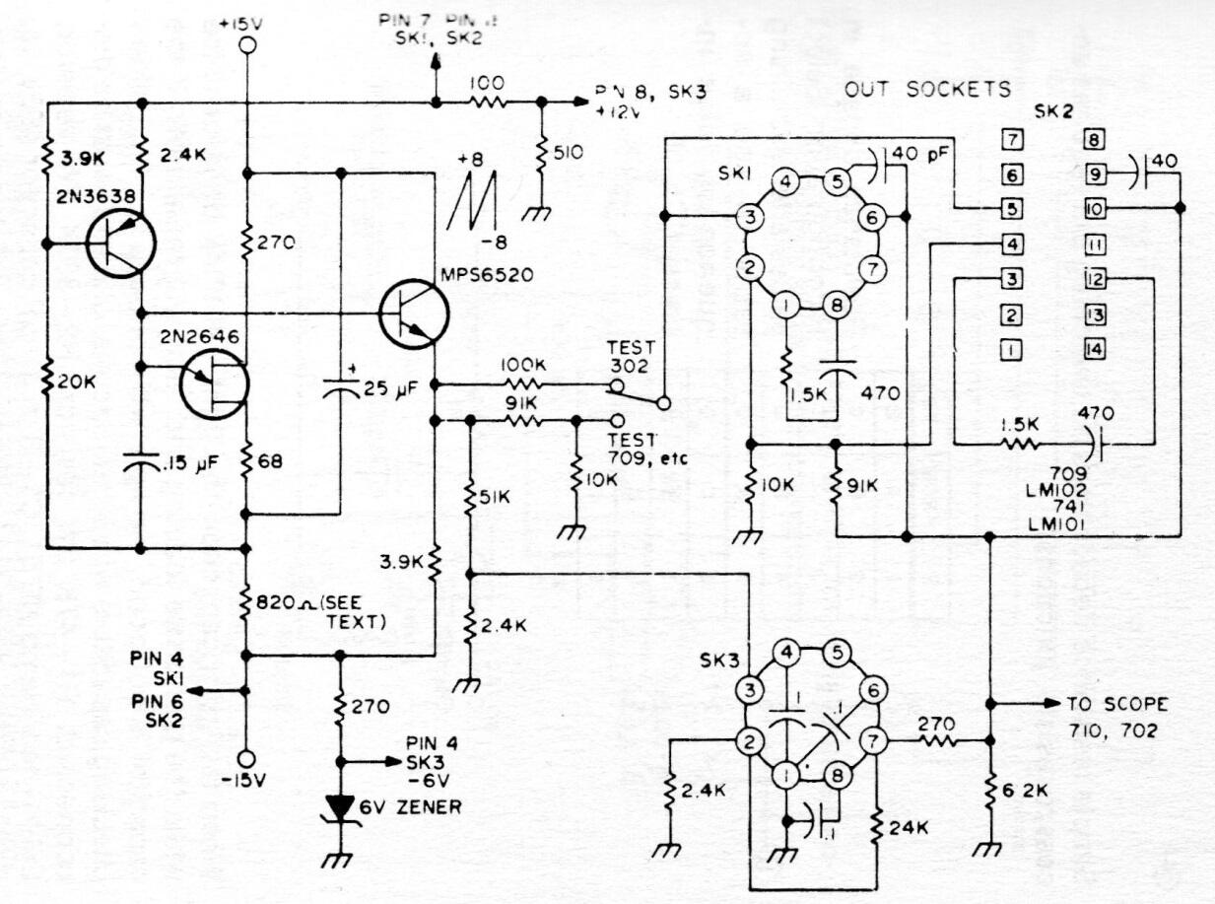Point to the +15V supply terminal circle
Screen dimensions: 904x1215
(x=246, y=45)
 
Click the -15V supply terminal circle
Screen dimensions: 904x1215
(x=246, y=757)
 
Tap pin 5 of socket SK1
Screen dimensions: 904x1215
(x=837, y=180)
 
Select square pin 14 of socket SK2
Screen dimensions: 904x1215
(x=1095, y=349)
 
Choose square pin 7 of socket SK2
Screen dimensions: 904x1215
(x=1008, y=138)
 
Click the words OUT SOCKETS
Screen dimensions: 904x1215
(x=927, y=90)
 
